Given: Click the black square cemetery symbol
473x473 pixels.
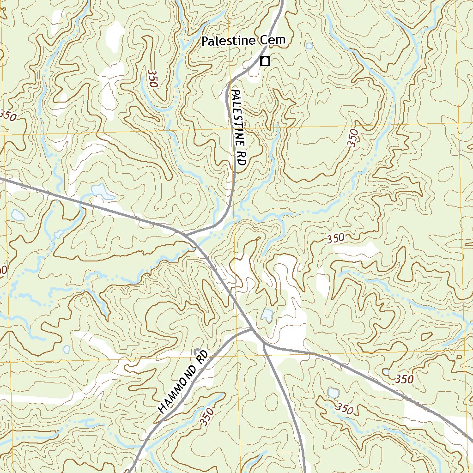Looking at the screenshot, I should [x=265, y=61].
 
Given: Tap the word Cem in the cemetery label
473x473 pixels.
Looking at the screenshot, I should [x=273, y=41].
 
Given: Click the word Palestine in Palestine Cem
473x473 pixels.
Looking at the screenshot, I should [x=228, y=41].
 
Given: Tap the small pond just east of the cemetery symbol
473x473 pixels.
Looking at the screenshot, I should [x=309, y=46].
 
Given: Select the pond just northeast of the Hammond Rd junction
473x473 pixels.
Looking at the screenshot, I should [x=267, y=315].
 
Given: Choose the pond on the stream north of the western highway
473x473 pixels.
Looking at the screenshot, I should [x=102, y=191].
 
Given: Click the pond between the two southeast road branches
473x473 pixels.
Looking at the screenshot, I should [x=333, y=393].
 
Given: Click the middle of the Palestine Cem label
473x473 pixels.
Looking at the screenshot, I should [x=243, y=41].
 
